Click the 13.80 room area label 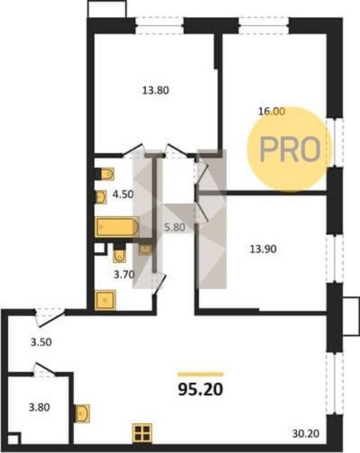coord(155,91)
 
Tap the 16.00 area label coord(271,111)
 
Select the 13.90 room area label coord(263,249)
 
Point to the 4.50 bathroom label coord(123,194)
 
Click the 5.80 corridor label coord(175,228)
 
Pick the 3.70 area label coord(124,274)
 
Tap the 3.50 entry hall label coord(41,342)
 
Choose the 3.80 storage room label coord(39,407)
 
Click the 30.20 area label coord(306,434)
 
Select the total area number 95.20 coord(200,390)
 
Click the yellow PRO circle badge coord(289,148)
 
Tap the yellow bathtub coord(117,227)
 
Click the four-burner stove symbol coord(142,432)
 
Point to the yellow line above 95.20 coord(200,375)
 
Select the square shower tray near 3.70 coord(106,300)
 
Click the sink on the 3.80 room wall coord(82,413)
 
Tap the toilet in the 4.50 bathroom coord(105,174)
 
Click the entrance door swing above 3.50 coord(49,317)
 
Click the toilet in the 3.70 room coord(119,253)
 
